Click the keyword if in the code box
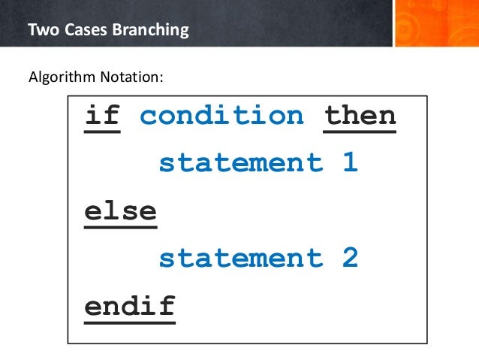click(102, 116)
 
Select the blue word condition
click(222, 116)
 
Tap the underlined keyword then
click(360, 116)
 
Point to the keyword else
click(120, 210)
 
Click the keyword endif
click(129, 306)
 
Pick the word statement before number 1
click(240, 163)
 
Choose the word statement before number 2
click(240, 259)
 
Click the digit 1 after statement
click(350, 163)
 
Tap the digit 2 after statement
click(350, 259)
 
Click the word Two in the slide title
click(40, 32)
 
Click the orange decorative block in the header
click(435, 23)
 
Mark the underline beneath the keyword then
click(360, 132)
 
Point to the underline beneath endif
click(129, 322)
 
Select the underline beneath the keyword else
click(120, 226)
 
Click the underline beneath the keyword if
click(102, 132)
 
